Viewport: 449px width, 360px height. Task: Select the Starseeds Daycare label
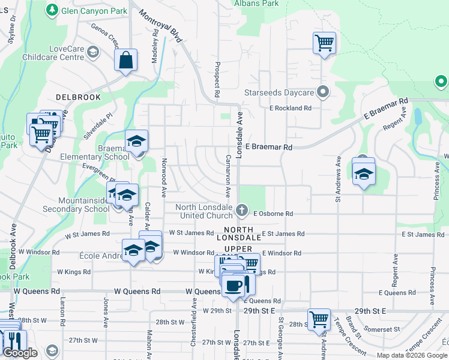[279, 93]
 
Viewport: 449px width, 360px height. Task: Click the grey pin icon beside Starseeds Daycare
[323, 92]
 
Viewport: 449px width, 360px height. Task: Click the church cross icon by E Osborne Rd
[242, 209]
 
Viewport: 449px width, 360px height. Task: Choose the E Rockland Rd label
[291, 108]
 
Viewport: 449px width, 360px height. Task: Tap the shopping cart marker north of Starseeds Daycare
[324, 43]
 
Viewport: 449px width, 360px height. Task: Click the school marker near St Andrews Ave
[363, 174]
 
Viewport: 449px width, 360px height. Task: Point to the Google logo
[20, 353]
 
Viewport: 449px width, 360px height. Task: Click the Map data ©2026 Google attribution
[412, 355]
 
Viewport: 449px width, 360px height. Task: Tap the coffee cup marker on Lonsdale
[234, 286]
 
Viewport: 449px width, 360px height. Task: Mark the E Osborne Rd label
[273, 214]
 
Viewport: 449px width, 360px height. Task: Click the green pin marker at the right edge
[441, 81]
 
